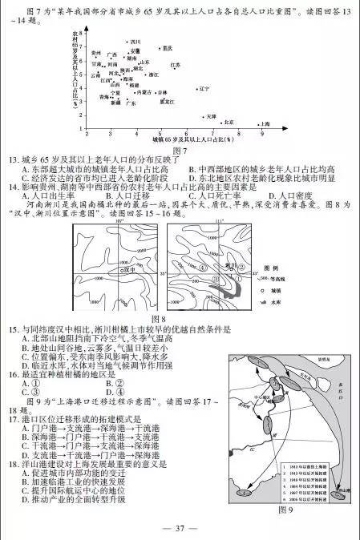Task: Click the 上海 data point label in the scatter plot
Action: point(265,124)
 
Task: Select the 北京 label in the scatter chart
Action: point(229,122)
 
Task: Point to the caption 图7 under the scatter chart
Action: point(180,150)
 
